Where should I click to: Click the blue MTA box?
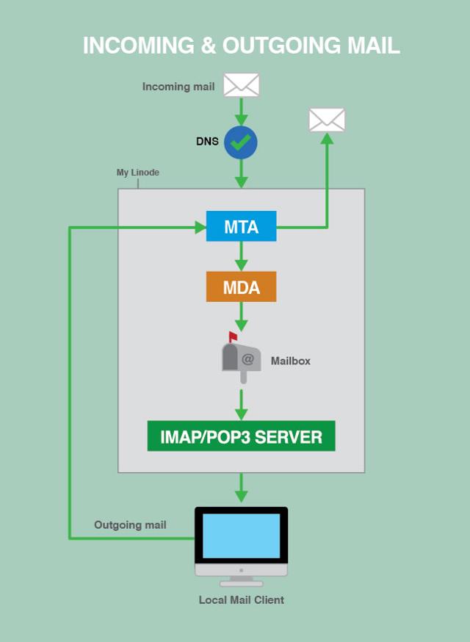click(x=241, y=226)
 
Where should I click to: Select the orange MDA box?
click(x=241, y=286)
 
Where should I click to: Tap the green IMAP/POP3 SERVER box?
click(x=241, y=436)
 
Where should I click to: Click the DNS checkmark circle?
click(x=241, y=143)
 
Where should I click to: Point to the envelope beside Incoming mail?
click(x=241, y=85)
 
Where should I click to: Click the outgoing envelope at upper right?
click(x=327, y=120)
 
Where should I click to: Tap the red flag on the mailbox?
click(x=233, y=336)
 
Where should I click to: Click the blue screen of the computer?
click(x=241, y=535)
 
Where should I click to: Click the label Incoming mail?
click(x=178, y=87)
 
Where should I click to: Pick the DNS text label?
click(x=206, y=142)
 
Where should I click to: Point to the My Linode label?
click(x=137, y=173)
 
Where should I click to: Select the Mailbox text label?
click(x=290, y=361)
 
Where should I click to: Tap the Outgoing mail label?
click(x=130, y=524)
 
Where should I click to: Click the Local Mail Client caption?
click(x=241, y=599)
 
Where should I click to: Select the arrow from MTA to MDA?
click(x=241, y=256)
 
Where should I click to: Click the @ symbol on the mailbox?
click(x=248, y=359)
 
